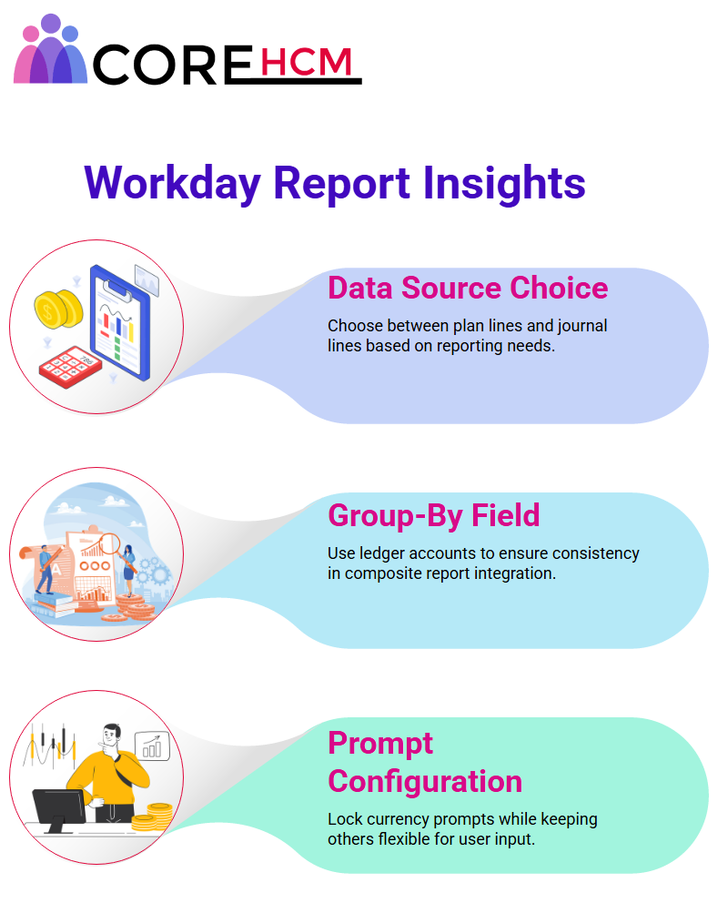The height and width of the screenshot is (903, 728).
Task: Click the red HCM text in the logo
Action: [x=306, y=62]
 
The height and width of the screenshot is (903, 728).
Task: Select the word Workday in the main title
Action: [x=172, y=184]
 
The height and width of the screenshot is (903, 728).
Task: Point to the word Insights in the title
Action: [x=504, y=184]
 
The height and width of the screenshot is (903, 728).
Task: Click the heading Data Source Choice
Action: [x=468, y=288]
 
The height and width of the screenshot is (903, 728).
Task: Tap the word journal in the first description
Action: [x=581, y=326]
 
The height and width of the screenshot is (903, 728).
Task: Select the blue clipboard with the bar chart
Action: [x=120, y=322]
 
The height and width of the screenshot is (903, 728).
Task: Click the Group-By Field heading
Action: [x=433, y=515]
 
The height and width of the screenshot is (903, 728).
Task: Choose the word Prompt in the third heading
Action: [x=379, y=744]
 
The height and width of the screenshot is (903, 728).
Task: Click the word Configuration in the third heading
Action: [x=425, y=782]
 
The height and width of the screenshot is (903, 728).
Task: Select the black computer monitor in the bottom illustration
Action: [x=59, y=810]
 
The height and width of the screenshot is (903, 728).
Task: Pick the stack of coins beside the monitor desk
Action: [x=153, y=817]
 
